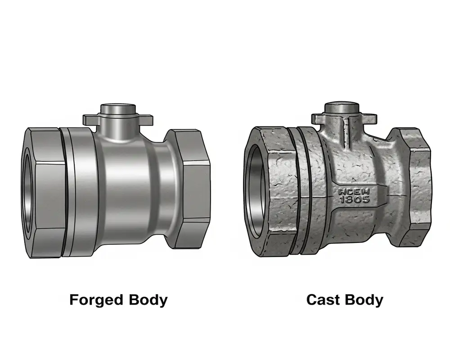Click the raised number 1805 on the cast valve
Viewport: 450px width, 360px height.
click(x=354, y=199)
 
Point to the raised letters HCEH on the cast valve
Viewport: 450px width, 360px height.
click(x=354, y=191)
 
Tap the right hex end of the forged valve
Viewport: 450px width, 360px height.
click(x=192, y=189)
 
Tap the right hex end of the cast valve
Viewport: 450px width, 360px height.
click(x=415, y=187)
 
